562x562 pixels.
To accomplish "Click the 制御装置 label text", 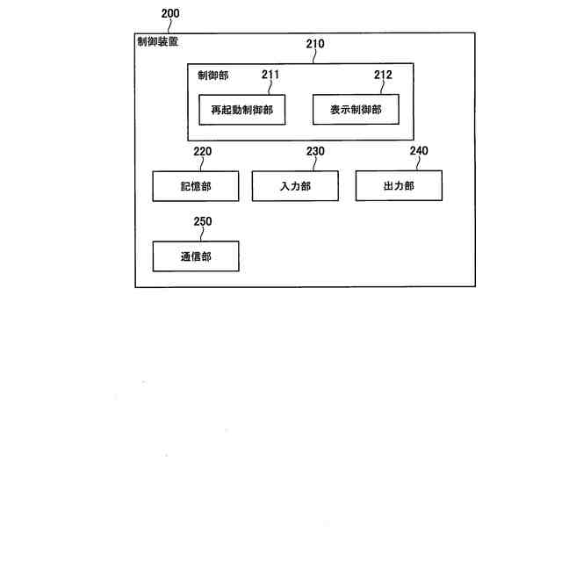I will pyautogui.click(x=158, y=41).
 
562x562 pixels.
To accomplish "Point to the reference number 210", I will pyautogui.click(x=314, y=44).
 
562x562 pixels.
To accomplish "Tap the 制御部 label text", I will pyautogui.click(x=213, y=76).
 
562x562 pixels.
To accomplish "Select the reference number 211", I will pyautogui.click(x=270, y=75).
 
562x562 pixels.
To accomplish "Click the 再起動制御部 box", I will pyautogui.click(x=242, y=110).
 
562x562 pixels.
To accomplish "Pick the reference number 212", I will pyautogui.click(x=383, y=75).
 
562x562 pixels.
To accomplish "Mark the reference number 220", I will pyautogui.click(x=202, y=151).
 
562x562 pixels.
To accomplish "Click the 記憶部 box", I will pyautogui.click(x=196, y=186).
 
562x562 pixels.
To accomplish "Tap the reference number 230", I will pyautogui.click(x=315, y=151).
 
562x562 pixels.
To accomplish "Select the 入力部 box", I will pyautogui.click(x=295, y=186).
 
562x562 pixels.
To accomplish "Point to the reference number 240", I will pyautogui.click(x=419, y=151).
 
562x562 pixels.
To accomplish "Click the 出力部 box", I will pyautogui.click(x=399, y=186).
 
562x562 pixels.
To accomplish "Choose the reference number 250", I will pyautogui.click(x=202, y=221).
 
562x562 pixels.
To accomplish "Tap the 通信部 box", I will pyautogui.click(x=196, y=256).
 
